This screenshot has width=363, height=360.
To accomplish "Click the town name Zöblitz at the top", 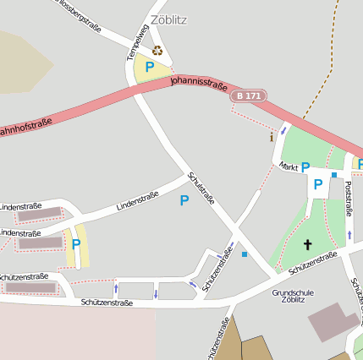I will click(x=168, y=19).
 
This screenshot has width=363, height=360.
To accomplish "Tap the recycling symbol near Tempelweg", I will click(x=157, y=50).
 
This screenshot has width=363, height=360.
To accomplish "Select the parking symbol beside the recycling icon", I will click(x=150, y=67).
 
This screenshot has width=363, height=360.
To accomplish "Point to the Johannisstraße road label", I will click(x=198, y=83).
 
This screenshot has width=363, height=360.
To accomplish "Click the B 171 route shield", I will click(x=250, y=96).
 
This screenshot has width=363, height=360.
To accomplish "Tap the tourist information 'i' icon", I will click(x=271, y=136).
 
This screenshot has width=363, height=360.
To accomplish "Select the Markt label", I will click(x=289, y=166).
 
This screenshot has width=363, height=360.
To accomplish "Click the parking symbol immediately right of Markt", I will click(x=305, y=167).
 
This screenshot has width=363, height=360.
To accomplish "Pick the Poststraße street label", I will click(x=349, y=203).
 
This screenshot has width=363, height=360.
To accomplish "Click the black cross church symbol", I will click(x=307, y=245).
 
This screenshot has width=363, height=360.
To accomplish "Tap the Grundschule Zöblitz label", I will click(x=294, y=296).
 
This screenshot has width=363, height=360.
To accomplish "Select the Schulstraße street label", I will click(x=202, y=191).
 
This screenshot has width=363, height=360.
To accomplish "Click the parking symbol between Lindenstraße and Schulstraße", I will click(x=184, y=200).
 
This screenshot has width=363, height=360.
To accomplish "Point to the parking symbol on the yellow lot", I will click(x=76, y=244).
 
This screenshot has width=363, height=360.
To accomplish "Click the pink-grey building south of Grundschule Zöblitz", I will click(x=333, y=321).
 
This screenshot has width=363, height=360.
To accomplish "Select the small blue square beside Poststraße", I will click(x=334, y=175).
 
